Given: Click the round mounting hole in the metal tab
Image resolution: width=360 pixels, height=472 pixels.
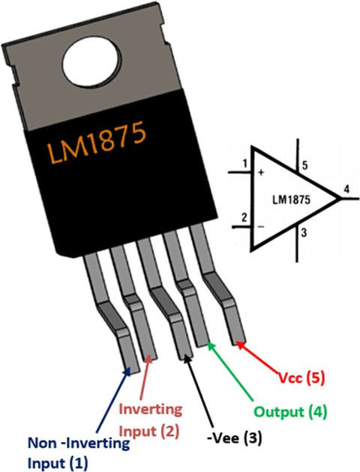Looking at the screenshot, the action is [x=92, y=63].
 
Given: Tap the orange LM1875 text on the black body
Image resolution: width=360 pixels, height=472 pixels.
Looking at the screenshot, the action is [x=97, y=142].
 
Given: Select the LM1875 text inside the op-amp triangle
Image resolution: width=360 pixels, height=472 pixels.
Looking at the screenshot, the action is [x=291, y=200].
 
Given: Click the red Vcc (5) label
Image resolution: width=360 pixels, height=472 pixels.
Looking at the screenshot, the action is [x=301, y=378].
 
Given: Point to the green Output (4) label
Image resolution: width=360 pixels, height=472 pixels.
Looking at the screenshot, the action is [x=290, y=411].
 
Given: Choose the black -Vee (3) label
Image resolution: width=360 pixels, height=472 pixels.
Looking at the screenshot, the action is [x=235, y=438].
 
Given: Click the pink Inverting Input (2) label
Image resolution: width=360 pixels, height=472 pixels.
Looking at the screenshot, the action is [x=150, y=420].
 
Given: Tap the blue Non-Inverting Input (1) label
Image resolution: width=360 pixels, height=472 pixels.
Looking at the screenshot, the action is [x=79, y=453].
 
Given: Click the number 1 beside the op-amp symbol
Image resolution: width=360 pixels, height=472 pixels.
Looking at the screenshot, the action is [x=245, y=164].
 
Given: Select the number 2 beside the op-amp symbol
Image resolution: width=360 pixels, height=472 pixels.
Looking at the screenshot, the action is [x=244, y=217].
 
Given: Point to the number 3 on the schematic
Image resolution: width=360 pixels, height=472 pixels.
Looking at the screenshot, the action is [x=304, y=233].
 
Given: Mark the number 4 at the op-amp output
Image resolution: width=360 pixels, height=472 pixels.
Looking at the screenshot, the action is [x=346, y=190].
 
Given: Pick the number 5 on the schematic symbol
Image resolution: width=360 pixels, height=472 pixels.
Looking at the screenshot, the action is [x=304, y=166].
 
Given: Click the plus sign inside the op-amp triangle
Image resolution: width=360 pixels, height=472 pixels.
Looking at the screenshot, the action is [x=262, y=173].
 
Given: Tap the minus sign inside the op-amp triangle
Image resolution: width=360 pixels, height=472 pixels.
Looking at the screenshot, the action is [x=262, y=226].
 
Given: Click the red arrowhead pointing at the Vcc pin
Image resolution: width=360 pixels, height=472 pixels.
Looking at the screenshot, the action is [x=240, y=345].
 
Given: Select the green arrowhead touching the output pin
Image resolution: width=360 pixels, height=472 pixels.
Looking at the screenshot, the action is [x=212, y=346].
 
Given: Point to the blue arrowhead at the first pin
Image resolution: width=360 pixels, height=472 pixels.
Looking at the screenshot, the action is [x=127, y=372].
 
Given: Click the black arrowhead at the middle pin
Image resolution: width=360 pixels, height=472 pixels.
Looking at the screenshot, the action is [x=187, y=359].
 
